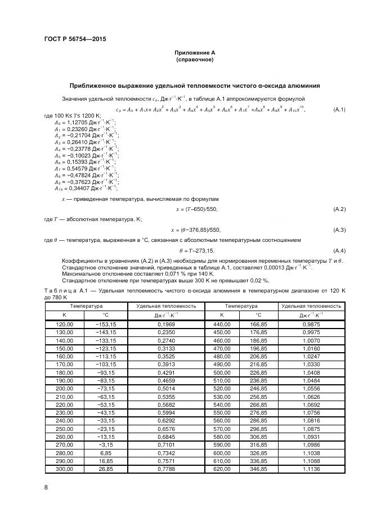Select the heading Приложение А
[194, 53]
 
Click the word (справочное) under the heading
[194, 59]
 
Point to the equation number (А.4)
[339, 250]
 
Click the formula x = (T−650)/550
[194, 209]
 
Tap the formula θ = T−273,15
[197, 250]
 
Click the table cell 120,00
[64, 324]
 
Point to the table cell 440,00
[221, 324]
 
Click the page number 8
[46, 487]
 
